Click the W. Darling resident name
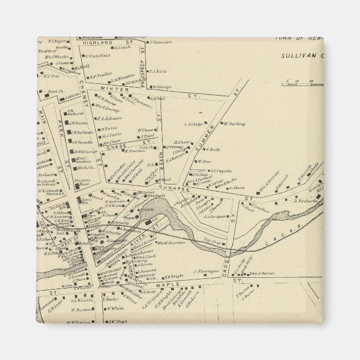[234, 124]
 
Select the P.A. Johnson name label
[110, 118]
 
